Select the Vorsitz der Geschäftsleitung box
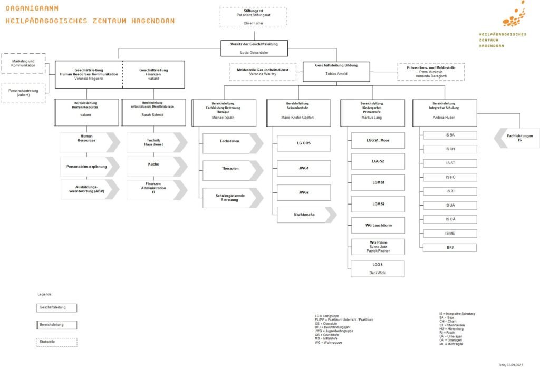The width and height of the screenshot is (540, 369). (254, 48)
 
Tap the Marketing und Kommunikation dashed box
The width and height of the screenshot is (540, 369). (24, 63)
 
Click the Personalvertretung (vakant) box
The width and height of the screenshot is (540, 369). (24, 93)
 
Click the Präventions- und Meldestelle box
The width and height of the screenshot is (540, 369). (430, 72)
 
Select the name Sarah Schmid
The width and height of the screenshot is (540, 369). (153, 114)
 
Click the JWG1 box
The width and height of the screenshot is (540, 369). (304, 168)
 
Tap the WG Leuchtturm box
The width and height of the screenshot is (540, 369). (378, 225)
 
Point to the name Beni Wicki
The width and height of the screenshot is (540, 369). (378, 273)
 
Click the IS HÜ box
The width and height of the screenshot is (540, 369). (450, 177)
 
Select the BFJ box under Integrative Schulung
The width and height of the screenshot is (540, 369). (450, 247)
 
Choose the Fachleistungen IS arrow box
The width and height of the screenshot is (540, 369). (517, 138)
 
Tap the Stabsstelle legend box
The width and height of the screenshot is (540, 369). (56, 342)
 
